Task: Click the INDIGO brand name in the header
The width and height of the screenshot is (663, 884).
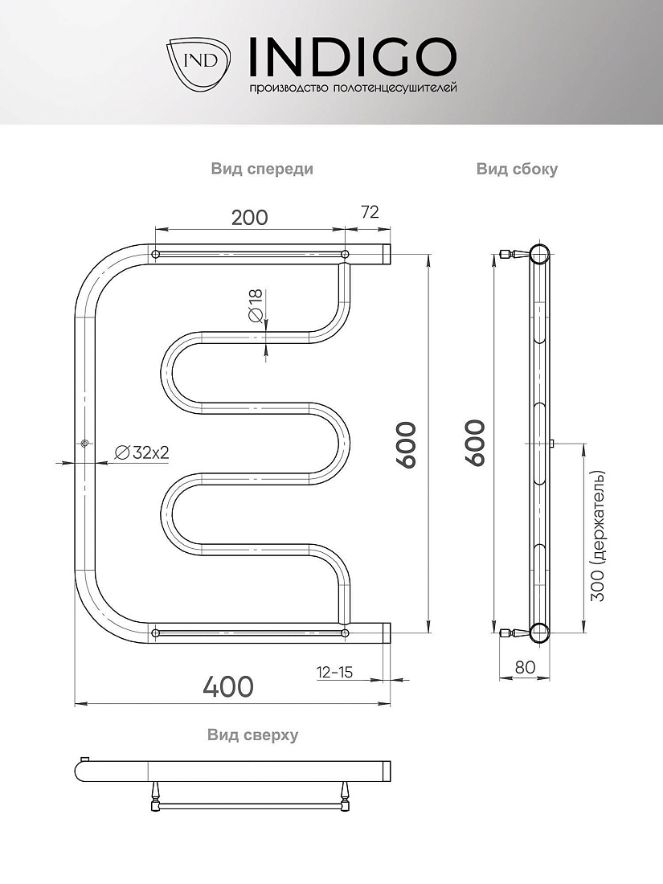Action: coord(352,57)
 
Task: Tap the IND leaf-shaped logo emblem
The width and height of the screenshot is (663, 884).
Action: coord(199,61)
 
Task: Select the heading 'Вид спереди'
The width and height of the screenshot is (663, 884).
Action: coord(262,169)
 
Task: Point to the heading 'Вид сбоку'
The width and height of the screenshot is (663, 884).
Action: coord(517,169)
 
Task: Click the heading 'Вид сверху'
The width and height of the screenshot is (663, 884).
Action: coord(252,735)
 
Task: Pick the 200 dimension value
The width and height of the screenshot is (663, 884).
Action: coord(250,217)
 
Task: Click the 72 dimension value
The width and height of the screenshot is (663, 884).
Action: coord(370,212)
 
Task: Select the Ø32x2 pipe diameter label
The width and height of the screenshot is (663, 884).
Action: coord(142,452)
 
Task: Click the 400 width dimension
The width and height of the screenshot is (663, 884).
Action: coord(228,686)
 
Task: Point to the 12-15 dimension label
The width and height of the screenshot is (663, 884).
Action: coord(334,672)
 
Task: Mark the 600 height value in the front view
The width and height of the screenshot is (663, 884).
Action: coord(406,444)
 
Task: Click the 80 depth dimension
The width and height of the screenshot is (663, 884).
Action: coord(525,667)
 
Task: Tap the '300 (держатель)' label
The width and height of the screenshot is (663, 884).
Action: coord(597,535)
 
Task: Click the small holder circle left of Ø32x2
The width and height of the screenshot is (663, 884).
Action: coord(84,443)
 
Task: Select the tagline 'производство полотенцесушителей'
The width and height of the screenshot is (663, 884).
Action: coord(353,88)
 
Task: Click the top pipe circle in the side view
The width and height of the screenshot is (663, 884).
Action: coord(539,255)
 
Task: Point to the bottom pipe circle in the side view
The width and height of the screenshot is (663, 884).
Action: coord(539,633)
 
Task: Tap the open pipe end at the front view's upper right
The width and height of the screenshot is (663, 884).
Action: coord(387,254)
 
